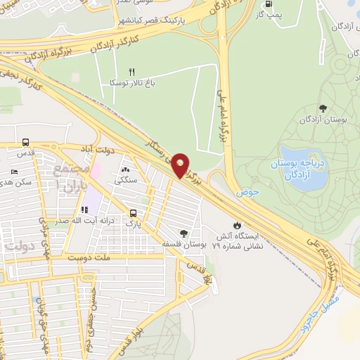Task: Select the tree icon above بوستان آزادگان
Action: pos(323,108)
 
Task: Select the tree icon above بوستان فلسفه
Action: pos(184,233)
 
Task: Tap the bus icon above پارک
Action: pos(133,213)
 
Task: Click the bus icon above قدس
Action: pos(26,141)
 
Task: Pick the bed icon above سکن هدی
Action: pos(15,172)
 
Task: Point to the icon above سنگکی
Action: pos(126,169)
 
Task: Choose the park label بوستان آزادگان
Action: pos(323,120)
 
